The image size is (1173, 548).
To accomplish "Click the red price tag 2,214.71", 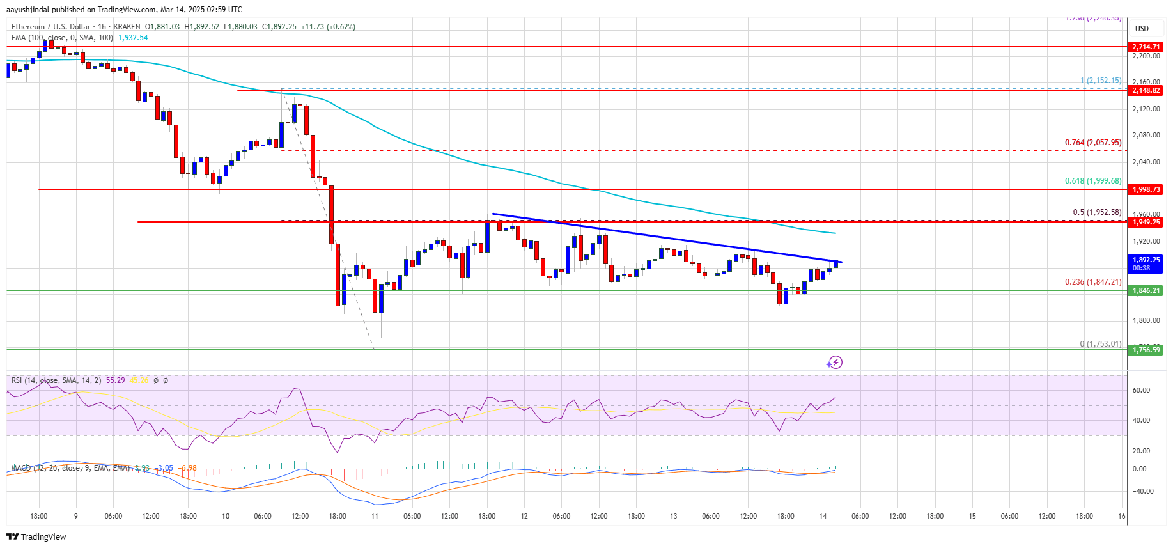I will point(1146,47).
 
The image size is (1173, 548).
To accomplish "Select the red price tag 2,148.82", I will point(1146,90).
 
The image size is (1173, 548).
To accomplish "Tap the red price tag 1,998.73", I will point(1146,189).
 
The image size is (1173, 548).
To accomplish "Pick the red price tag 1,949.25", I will point(1146,222).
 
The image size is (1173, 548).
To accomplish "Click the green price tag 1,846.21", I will point(1146,290).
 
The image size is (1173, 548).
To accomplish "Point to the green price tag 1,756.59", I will point(1146,350).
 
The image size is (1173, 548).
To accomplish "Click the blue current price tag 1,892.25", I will point(1146,260).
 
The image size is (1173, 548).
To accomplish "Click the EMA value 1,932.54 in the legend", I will point(133,38).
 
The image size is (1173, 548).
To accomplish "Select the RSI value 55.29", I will point(115,380).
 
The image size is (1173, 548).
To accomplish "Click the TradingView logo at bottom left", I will point(37,536).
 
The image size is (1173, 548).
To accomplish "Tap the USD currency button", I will point(1142,29).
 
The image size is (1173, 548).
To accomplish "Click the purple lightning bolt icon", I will point(834,363).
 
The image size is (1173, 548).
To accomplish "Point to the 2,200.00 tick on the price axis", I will point(1146,56).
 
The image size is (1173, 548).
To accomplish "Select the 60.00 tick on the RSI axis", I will point(1141,390).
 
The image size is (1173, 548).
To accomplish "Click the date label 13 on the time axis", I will point(673,516).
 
